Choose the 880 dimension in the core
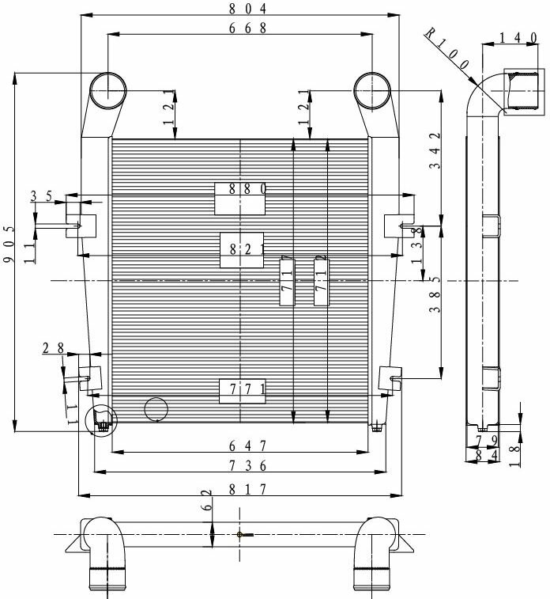point(241,189)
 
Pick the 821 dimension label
point(242,248)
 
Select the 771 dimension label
point(242,389)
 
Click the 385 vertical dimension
point(434,301)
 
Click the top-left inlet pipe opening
point(107,89)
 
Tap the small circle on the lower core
point(156,410)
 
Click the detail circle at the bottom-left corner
point(100,421)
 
